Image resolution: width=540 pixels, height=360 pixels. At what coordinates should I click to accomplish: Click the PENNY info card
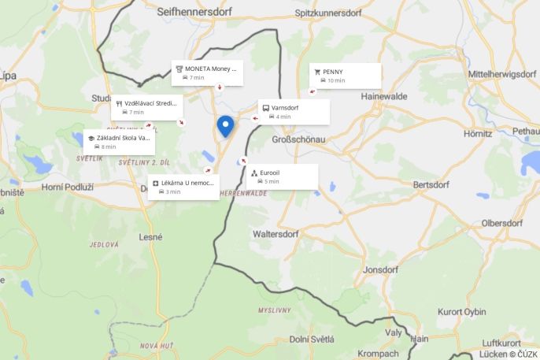pos(345,76)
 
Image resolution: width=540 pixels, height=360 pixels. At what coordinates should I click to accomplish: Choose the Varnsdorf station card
pos(294,112)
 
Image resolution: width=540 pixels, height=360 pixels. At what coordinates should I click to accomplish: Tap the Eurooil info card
pos(282,176)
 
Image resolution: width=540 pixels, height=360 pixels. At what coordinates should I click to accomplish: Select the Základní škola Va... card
pos(119,142)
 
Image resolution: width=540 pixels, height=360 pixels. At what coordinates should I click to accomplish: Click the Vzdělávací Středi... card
pos(147,107)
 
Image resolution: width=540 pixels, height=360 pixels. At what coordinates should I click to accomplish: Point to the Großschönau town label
pos(298,139)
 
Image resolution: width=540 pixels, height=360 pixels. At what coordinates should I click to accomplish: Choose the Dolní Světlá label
pos(312,339)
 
